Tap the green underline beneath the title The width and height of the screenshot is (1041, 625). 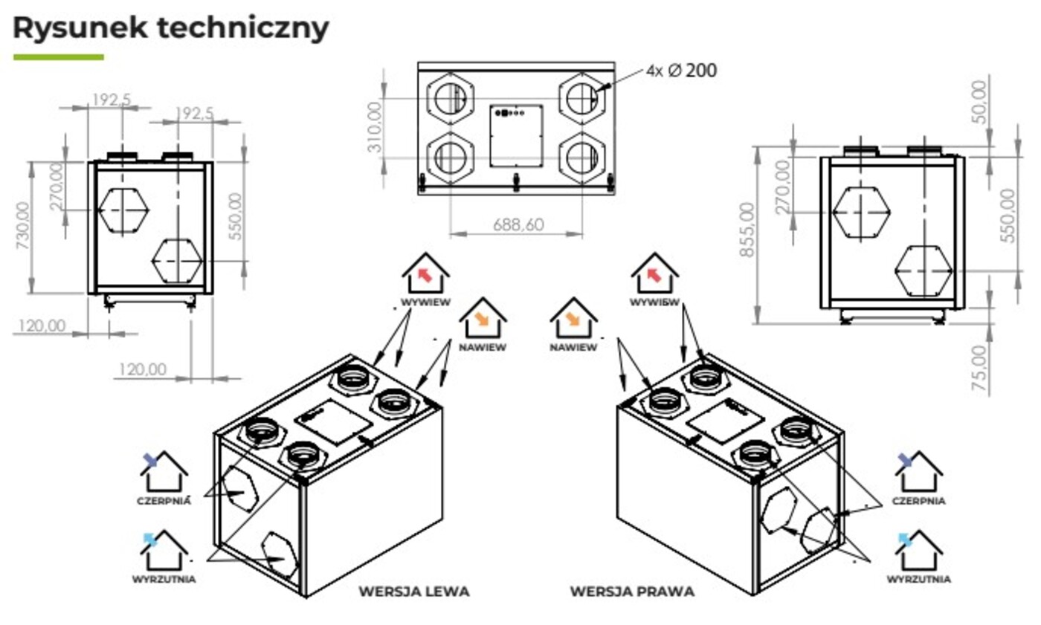click(x=59, y=57)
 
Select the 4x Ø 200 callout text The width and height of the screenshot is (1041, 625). click(x=682, y=71)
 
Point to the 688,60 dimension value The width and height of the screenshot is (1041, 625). click(x=518, y=224)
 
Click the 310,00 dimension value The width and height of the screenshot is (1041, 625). click(x=376, y=127)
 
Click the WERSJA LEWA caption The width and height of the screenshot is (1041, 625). click(x=414, y=592)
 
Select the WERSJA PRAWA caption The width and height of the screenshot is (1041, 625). click(x=632, y=592)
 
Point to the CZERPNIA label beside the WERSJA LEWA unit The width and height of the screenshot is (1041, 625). click(x=164, y=501)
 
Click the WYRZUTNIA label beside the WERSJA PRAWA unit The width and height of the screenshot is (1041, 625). click(x=919, y=580)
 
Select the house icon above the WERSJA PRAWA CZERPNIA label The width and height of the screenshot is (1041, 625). click(x=918, y=472)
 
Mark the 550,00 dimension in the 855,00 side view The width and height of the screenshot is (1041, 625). click(x=1008, y=215)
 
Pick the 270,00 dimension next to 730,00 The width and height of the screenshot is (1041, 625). click(x=57, y=187)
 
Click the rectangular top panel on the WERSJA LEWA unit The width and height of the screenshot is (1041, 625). click(x=333, y=422)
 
